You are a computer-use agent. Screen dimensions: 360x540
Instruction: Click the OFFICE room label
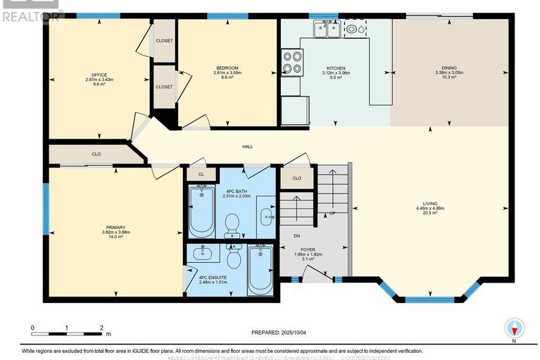pos(99,75)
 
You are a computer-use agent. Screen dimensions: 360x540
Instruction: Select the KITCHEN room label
pos(335,68)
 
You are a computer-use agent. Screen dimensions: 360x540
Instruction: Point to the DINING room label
pos(448,68)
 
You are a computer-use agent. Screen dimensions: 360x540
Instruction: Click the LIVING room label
pos(429,204)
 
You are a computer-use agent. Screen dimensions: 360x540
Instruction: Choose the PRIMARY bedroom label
pos(115,228)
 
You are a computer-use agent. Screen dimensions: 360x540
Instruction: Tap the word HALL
pos(248,147)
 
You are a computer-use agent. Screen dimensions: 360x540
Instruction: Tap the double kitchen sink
pos(327,29)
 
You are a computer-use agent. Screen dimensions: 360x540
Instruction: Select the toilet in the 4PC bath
pos(230,225)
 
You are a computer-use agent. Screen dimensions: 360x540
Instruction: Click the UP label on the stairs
pos(332,213)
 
